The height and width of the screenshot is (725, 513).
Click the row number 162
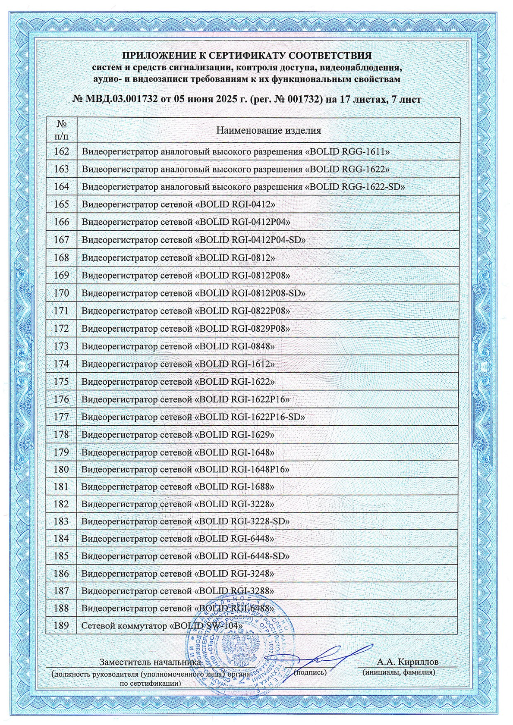pos(61,152)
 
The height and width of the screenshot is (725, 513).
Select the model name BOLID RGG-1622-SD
pos(357,187)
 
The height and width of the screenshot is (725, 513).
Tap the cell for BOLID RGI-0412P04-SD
pos(253,240)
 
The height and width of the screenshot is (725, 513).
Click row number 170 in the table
pos(61,293)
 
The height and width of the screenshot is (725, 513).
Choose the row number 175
pos(61,382)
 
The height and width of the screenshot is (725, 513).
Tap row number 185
pos(61,556)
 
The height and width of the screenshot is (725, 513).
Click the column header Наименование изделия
pos(268,130)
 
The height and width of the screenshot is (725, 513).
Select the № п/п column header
pos(61,130)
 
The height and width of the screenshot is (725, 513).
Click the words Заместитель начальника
pos(151,662)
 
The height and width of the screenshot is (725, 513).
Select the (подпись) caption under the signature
pos(310,672)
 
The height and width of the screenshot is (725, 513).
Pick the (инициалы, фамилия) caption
pos(399,672)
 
